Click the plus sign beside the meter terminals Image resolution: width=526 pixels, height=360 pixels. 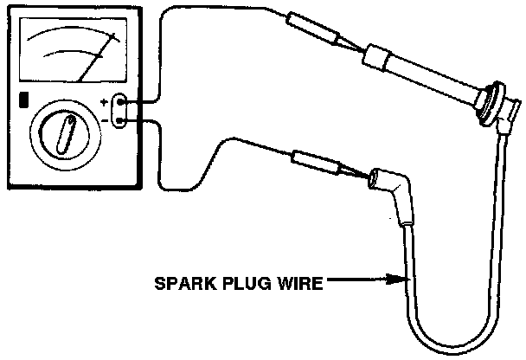105,101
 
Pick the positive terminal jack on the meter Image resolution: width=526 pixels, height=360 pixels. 121,102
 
